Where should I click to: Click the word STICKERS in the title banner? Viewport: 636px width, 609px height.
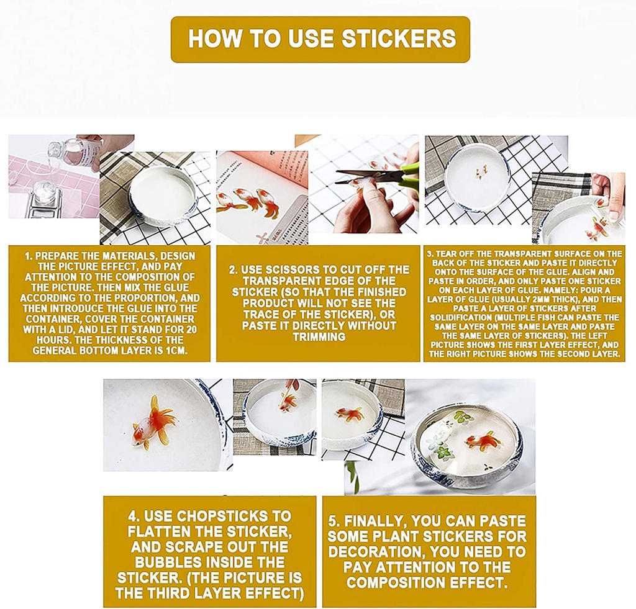tap(399, 38)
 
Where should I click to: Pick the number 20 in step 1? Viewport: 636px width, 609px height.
tap(191, 329)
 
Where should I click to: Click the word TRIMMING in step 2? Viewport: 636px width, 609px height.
tap(319, 336)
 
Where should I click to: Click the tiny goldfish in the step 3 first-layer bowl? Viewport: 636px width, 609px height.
tap(481, 172)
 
